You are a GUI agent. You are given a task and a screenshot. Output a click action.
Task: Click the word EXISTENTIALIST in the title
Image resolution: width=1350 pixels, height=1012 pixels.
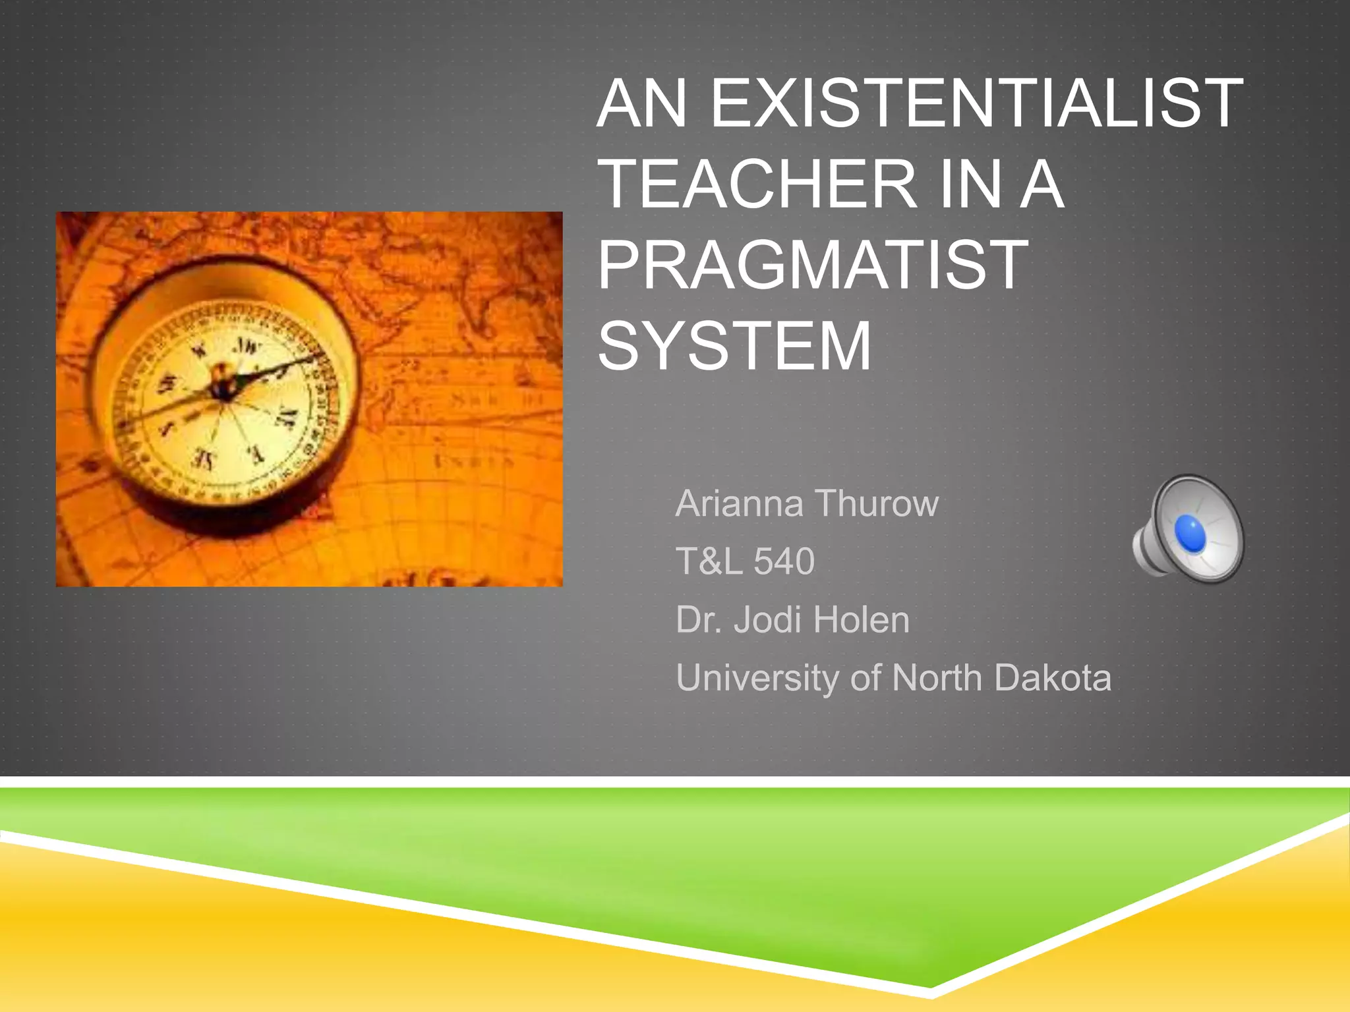[976, 103]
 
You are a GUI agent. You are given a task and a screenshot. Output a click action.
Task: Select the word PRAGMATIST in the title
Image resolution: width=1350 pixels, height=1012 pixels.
[812, 266]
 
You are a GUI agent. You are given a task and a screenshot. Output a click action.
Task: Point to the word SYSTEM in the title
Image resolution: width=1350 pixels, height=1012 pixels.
[734, 347]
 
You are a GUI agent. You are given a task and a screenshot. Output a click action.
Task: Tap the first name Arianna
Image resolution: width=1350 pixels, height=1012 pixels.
[739, 504]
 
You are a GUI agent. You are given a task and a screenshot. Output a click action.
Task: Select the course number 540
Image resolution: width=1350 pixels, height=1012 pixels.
[784, 562]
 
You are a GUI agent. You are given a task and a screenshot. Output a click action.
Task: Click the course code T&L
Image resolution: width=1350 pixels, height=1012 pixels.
[709, 562]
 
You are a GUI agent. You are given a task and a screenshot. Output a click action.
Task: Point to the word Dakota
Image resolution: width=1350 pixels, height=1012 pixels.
[1053, 678]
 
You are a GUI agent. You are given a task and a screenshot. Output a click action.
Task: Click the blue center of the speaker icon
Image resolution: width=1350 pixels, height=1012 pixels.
[1190, 532]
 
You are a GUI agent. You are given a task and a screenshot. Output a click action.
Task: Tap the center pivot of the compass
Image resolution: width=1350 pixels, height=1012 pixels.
[223, 387]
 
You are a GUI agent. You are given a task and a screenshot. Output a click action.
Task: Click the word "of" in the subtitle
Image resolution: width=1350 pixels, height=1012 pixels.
[865, 678]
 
